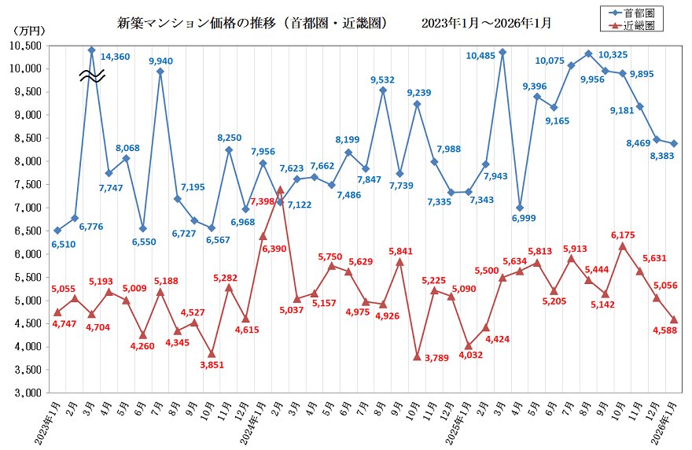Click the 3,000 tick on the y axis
point(27,393)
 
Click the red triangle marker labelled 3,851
point(212,353)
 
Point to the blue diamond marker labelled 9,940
point(160,72)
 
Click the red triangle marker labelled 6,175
point(623,246)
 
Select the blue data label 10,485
point(480,56)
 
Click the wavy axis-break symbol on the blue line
point(91,76)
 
